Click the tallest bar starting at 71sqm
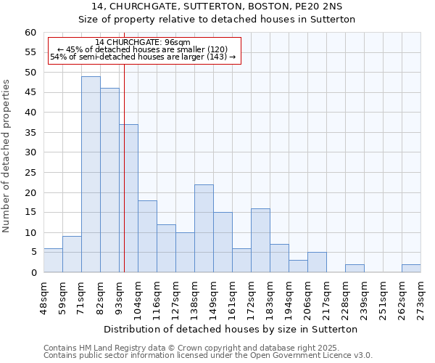(x=91, y=174)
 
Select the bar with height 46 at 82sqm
(x=109, y=180)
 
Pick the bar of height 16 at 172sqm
(x=260, y=240)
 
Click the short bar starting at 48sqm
(x=53, y=260)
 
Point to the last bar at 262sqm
(x=411, y=268)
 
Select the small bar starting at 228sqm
(x=355, y=268)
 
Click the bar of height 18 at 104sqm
(x=147, y=236)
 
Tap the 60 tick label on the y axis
(x=30, y=33)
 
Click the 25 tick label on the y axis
(x=30, y=173)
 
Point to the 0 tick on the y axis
(x=33, y=272)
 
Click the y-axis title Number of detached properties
(x=7, y=155)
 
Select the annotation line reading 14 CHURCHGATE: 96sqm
(x=143, y=42)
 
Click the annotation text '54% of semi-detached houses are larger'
(x=143, y=57)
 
